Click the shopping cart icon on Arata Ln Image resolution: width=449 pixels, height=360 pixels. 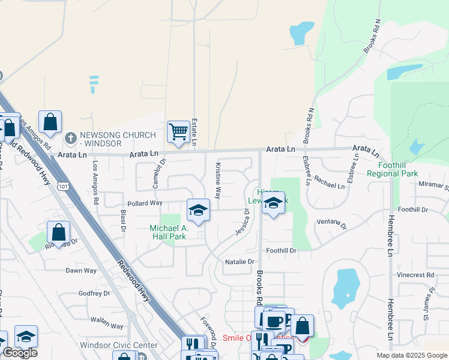(x=179, y=131)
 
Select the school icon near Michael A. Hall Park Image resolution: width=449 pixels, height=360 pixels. (x=198, y=210)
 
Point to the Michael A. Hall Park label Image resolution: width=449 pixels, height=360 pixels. (x=169, y=232)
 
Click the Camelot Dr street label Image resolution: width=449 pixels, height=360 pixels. (x=158, y=174)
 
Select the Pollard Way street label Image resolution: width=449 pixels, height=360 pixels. (x=143, y=203)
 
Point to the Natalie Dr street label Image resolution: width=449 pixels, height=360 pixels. (x=240, y=262)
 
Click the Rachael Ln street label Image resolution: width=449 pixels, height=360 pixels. (x=330, y=182)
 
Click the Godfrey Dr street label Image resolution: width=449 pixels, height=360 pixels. (x=95, y=293)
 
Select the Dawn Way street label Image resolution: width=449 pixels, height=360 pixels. (x=81, y=271)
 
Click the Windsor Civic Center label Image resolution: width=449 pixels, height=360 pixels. (x=119, y=346)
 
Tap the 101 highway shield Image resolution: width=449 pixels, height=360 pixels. (x=62, y=186)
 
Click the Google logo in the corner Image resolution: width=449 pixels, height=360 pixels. (x=19, y=353)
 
